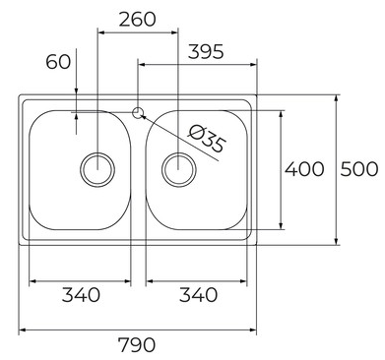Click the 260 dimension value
click(137, 20)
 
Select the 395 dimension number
click(206, 52)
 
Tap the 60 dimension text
click(58, 62)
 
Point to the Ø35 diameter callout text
click(208, 140)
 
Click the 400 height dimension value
click(304, 169)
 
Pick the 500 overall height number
click(358, 169)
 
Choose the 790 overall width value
click(137, 344)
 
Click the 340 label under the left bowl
click(81, 294)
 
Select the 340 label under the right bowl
click(199, 294)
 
